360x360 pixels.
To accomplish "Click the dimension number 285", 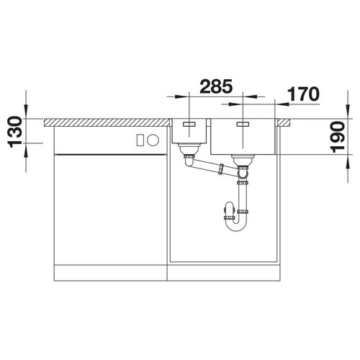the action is [216, 86].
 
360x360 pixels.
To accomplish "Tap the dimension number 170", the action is [304, 94].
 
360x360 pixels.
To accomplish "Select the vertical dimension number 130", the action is [15, 132].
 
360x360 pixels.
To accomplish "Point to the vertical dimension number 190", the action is [338, 137].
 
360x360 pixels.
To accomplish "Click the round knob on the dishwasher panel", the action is [153, 140].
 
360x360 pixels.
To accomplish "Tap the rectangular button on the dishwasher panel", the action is [140, 140].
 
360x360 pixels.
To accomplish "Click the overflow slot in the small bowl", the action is [189, 124].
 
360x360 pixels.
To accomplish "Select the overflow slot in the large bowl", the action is [243, 124].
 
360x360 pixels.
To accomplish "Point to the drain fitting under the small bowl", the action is [189, 149].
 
